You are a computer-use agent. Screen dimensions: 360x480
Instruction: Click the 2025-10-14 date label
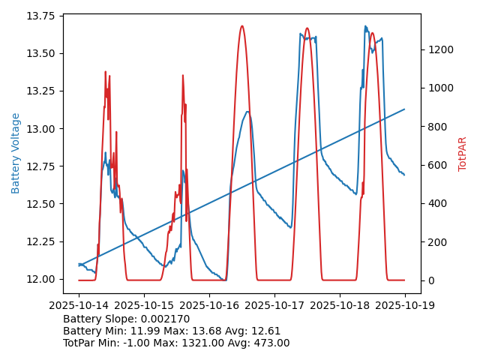coord(79,305)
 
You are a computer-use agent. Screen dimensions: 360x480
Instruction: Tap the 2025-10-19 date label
coord(405,305)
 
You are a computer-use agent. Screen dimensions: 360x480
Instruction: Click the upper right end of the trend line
coord(405,109)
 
